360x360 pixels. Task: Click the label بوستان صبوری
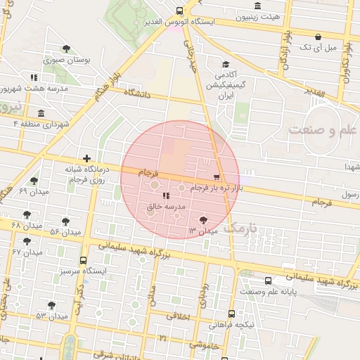point(68,60)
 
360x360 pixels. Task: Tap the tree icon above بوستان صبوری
point(66,49)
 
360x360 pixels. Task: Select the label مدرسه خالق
point(165,207)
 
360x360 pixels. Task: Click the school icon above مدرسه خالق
point(165,196)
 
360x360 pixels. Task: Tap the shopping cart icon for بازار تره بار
point(216,177)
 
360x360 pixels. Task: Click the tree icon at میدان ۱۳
point(204,220)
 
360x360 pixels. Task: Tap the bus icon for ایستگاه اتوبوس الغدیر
point(180,11)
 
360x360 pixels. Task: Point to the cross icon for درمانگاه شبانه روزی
point(86,159)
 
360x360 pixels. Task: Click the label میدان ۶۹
point(32,191)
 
